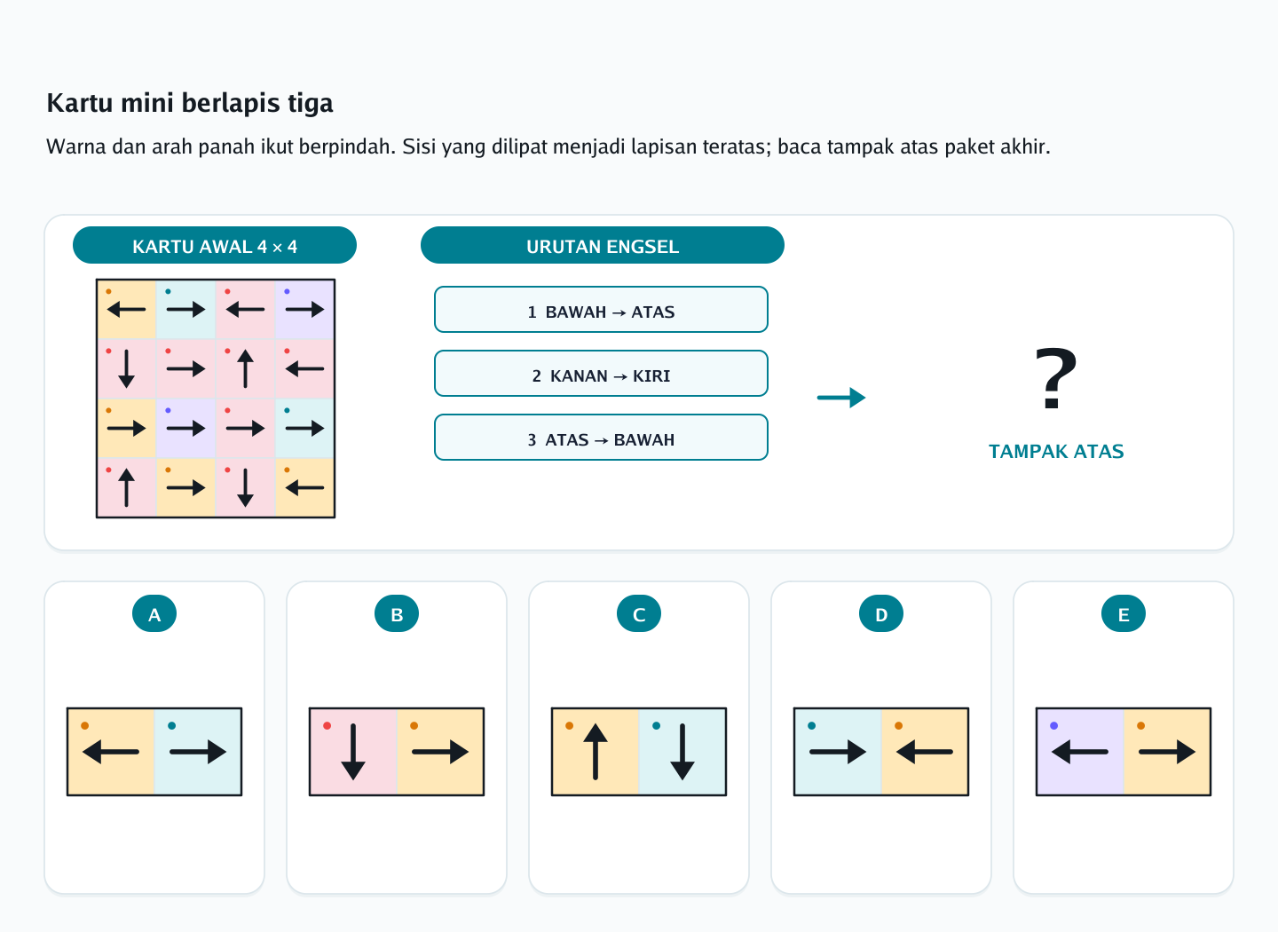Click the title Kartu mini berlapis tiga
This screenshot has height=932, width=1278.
pos(189,103)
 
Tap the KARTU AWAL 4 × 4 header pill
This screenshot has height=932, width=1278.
pos(215,245)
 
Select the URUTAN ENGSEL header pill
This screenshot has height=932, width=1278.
pos(602,245)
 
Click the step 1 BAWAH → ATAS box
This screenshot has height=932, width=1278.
pos(601,309)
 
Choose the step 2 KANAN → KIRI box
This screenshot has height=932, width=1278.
pos(601,374)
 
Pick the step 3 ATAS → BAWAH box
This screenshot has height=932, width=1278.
pos(601,438)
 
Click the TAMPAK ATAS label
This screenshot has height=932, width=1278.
pos(1056,452)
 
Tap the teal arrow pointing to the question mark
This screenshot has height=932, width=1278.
pos(841,398)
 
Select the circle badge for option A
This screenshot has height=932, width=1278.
pos(154,614)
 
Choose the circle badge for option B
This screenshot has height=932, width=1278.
pos(397,614)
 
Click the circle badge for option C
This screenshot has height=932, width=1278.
pos(639,614)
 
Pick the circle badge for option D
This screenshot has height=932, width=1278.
pos(881,614)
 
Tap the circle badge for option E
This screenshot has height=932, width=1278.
pos(1124,614)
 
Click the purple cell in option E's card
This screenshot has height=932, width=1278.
pos(1080,752)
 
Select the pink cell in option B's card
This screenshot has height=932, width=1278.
pos(353,752)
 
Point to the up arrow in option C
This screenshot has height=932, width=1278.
pos(595,752)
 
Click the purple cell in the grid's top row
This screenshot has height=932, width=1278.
pos(304,309)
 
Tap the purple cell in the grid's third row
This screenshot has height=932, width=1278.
pos(186,428)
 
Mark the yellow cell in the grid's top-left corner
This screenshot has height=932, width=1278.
pos(127,309)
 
